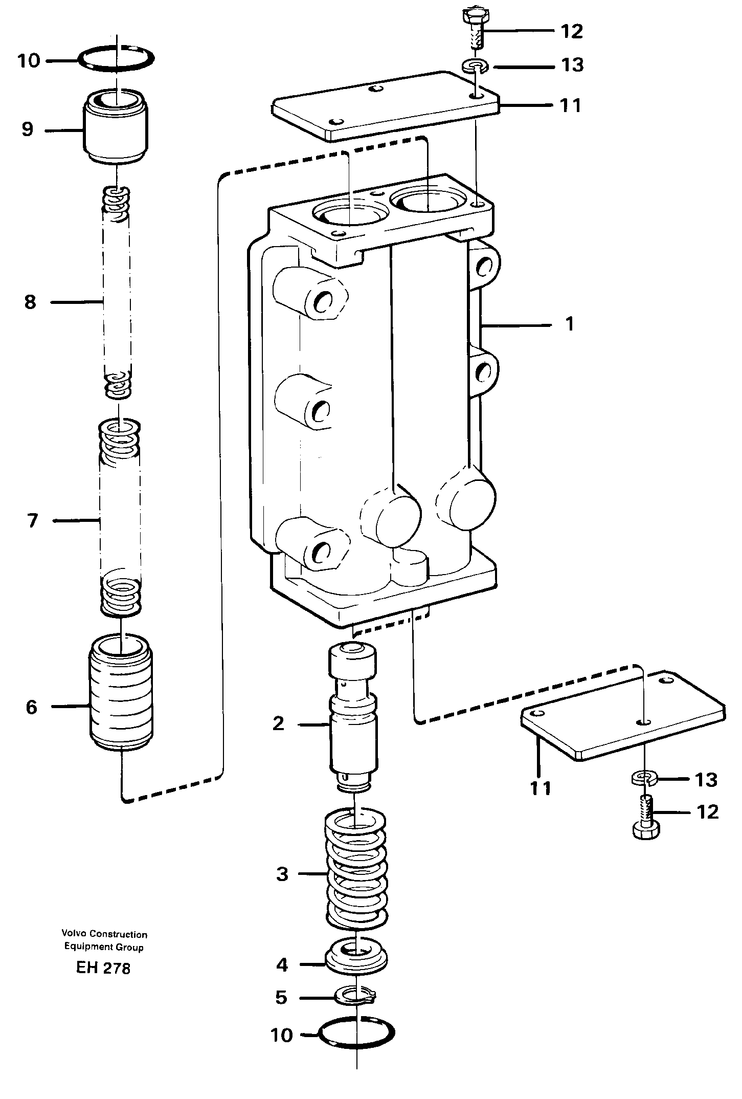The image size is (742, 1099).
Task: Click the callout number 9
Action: [x=27, y=129]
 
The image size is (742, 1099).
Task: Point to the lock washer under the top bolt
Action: [x=475, y=65]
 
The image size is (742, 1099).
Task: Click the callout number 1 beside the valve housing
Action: [x=570, y=324]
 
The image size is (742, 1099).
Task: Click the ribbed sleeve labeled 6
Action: [x=122, y=708]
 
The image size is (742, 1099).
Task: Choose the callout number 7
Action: [x=32, y=521]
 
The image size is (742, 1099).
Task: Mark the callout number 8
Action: [x=30, y=302]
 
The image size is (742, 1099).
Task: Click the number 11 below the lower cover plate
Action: [x=540, y=788]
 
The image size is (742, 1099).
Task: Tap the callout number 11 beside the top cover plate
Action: [x=570, y=105]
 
